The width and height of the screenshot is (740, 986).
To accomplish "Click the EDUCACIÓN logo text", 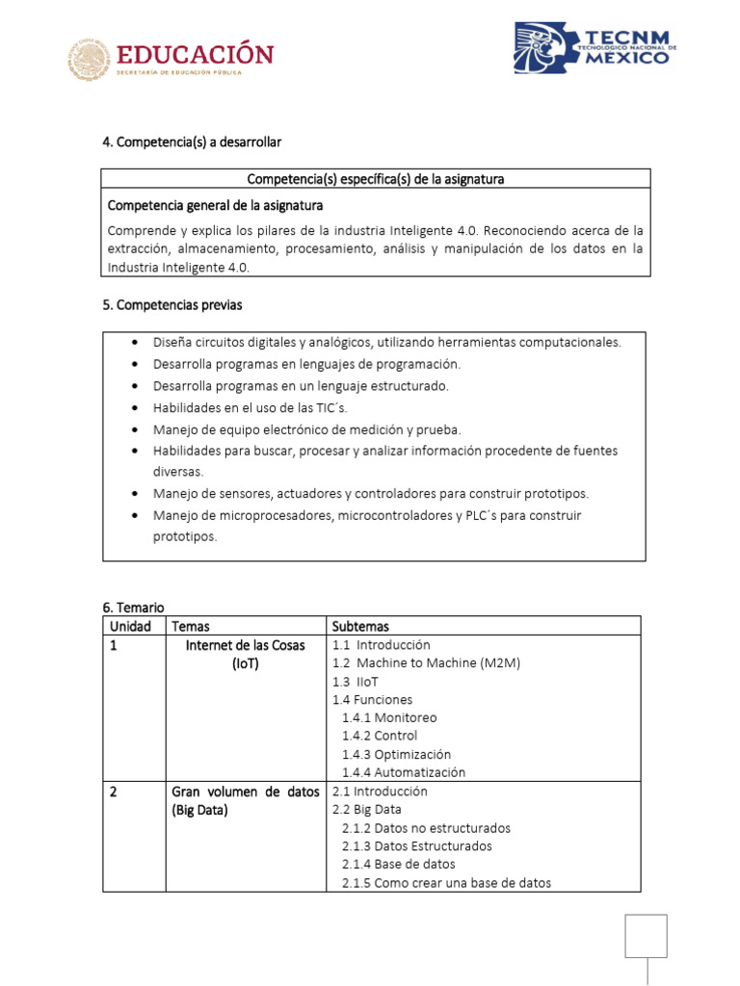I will pyautogui.click(x=195, y=53).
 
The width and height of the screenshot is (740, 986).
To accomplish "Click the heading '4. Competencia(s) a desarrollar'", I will pyautogui.click(x=192, y=142).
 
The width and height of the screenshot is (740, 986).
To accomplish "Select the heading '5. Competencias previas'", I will pyautogui.click(x=172, y=304).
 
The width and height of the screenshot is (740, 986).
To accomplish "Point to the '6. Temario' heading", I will pyautogui.click(x=133, y=607).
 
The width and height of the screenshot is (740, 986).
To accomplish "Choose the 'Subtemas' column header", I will pyautogui.click(x=360, y=626).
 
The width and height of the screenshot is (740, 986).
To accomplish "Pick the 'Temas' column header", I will pyautogui.click(x=190, y=626).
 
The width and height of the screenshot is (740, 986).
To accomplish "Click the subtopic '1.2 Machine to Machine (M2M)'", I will pyautogui.click(x=412, y=663).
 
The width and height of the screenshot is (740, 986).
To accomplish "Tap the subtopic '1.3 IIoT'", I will pyautogui.click(x=356, y=682).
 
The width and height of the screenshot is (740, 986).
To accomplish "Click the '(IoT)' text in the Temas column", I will pyautogui.click(x=245, y=663).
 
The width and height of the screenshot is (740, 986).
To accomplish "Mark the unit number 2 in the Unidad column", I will pyautogui.click(x=114, y=791).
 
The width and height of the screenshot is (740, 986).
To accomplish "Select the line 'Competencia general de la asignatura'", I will pyautogui.click(x=215, y=205).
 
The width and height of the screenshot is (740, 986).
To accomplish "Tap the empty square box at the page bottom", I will pyautogui.click(x=646, y=936).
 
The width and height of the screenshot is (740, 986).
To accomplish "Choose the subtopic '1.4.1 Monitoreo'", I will pyautogui.click(x=389, y=717).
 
